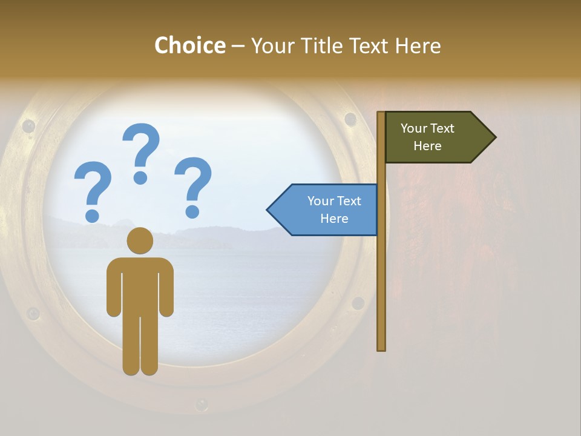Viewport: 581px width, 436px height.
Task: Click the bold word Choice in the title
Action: (189, 45)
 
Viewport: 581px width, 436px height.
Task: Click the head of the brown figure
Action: (140, 240)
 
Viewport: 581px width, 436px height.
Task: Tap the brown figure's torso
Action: (140, 285)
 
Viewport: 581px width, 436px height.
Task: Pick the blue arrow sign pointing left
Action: (327, 210)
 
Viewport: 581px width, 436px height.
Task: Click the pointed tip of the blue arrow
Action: (269, 210)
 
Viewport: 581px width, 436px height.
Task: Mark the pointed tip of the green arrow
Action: (494, 137)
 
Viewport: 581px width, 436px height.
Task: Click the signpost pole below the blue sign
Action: (381, 291)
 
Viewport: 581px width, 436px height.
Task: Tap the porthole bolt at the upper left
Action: (28, 126)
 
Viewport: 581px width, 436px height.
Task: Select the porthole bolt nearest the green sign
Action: (350, 119)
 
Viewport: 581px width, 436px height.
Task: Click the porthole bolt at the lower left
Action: (33, 314)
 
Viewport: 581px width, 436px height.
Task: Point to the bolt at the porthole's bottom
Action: (202, 404)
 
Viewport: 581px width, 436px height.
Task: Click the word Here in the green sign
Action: (427, 146)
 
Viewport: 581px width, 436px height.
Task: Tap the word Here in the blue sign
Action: (334, 219)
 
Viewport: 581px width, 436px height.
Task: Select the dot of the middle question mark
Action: (140, 177)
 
